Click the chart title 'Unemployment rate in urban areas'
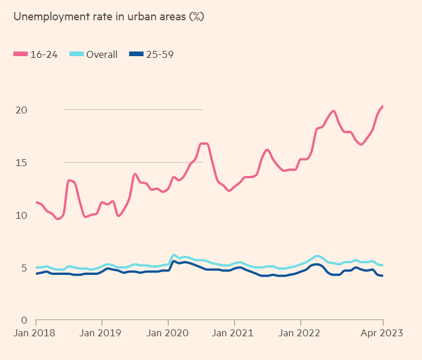109,17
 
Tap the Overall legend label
102,54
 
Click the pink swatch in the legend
20,54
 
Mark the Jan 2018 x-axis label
36,333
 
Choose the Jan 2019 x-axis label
102,333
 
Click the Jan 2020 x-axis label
168,333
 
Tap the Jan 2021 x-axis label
234,333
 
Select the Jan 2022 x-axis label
300,333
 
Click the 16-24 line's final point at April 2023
383,106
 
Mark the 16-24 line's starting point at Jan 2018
36,202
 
